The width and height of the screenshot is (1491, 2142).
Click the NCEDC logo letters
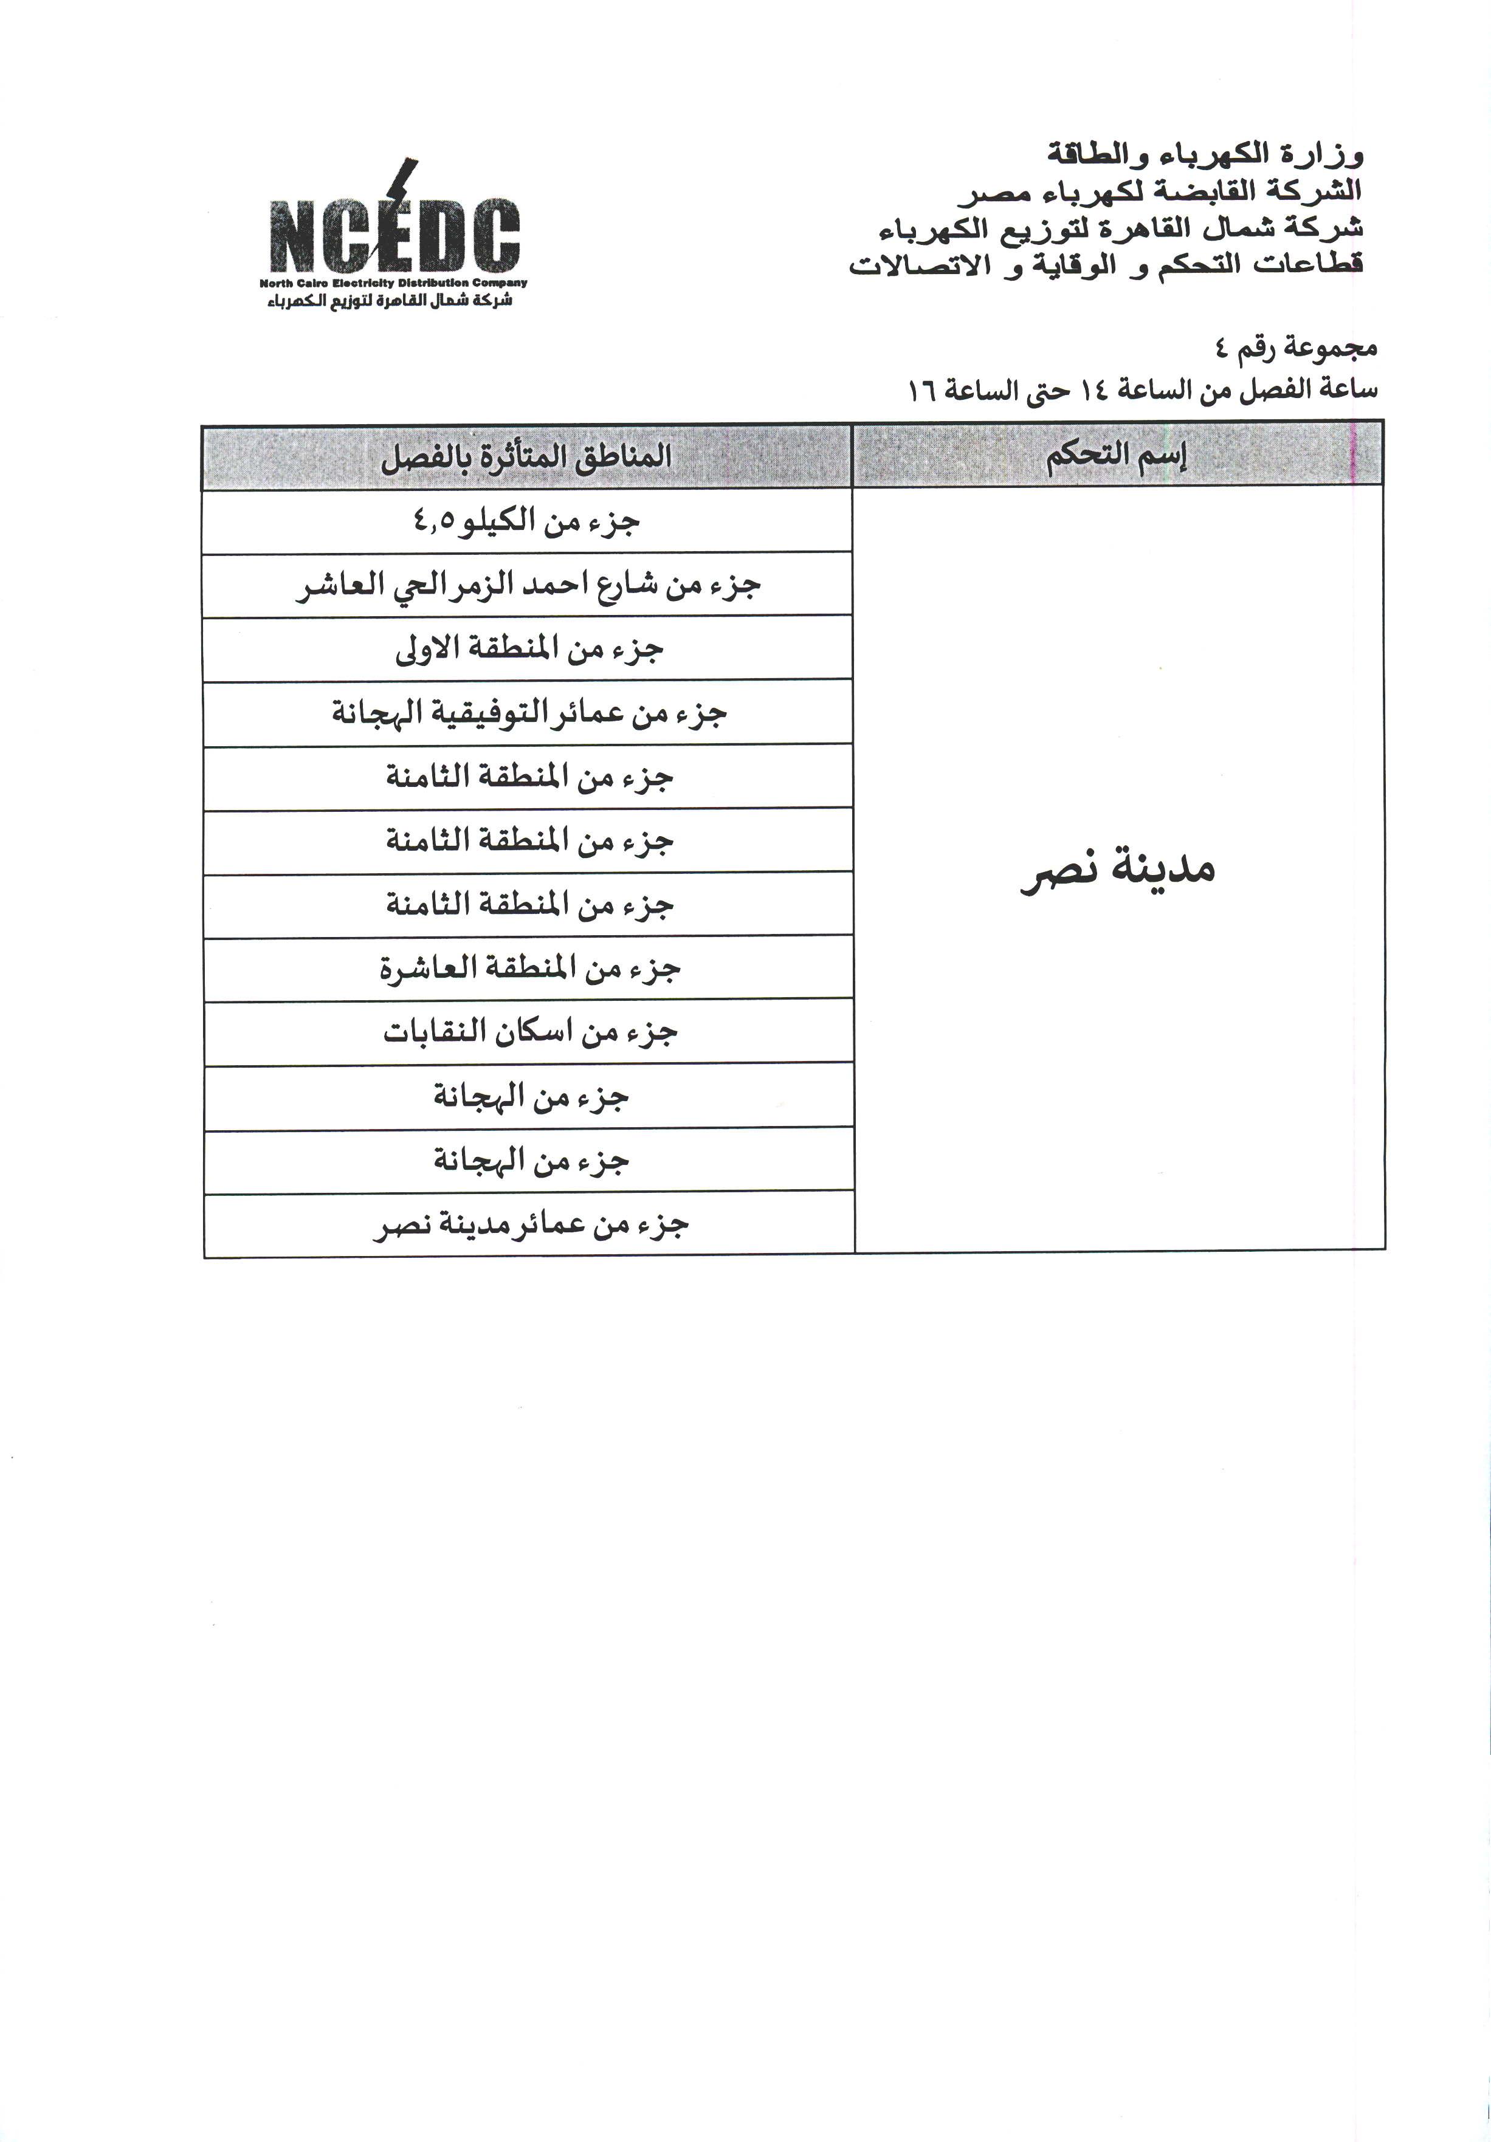(x=394, y=236)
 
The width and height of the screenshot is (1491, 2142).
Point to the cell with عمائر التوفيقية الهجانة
(x=528, y=713)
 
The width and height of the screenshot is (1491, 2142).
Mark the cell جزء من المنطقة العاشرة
(x=529, y=969)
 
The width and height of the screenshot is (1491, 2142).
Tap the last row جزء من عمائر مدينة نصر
(x=530, y=1225)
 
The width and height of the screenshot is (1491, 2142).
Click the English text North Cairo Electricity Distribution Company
(x=393, y=283)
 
